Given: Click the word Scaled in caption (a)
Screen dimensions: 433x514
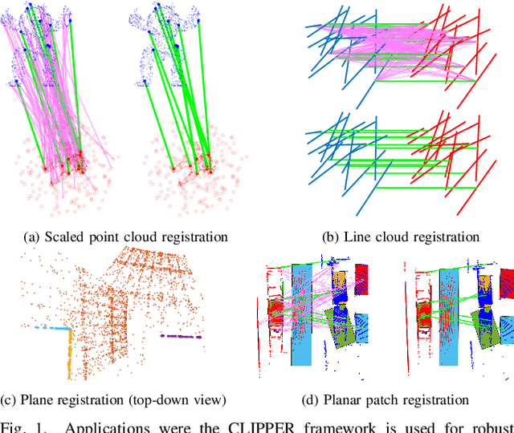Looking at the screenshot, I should point(70,237).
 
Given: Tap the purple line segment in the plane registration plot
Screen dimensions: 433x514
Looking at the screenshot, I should point(180,337).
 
